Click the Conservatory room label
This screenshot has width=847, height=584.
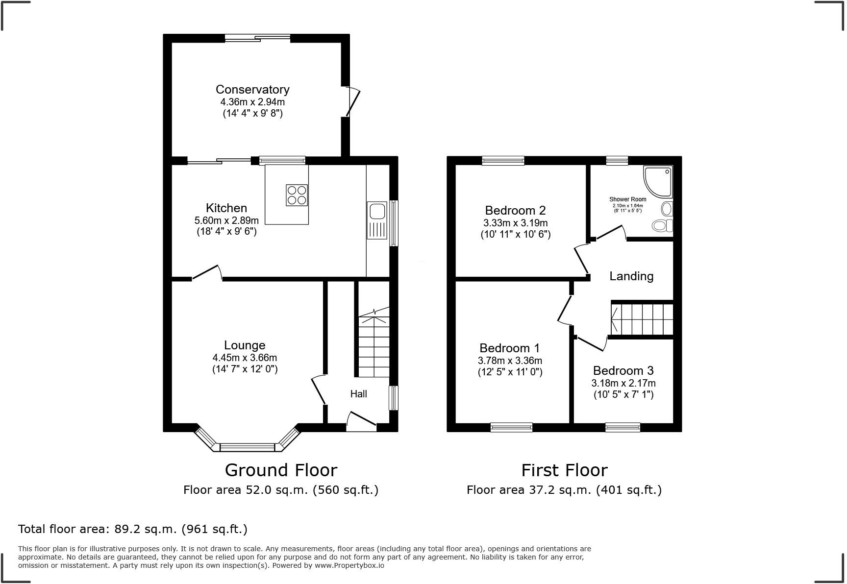click(252, 89)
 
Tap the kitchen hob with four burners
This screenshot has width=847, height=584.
click(297, 194)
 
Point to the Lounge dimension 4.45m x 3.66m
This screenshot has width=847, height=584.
click(245, 358)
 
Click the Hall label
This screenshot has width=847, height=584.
click(358, 394)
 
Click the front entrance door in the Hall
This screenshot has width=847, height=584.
click(361, 422)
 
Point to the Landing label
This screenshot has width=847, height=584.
click(631, 276)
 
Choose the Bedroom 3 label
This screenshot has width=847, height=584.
click(623, 370)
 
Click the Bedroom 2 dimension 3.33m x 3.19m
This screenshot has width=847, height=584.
click(515, 223)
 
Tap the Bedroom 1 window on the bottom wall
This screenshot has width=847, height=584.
click(511, 428)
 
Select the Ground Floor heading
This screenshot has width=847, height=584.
click(281, 470)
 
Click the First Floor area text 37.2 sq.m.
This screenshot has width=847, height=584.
click(564, 490)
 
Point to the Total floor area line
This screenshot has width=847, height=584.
click(132, 529)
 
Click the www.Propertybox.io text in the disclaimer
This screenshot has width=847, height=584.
click(349, 565)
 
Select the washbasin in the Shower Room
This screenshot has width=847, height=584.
click(667, 209)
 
